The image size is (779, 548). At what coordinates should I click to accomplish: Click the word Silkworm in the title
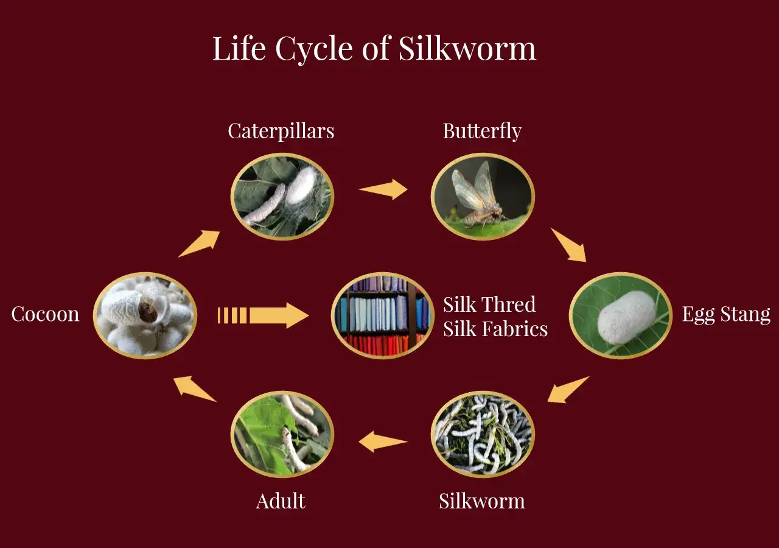(x=467, y=48)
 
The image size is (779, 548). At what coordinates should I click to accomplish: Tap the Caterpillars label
(x=281, y=131)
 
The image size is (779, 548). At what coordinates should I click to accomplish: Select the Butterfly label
(x=482, y=131)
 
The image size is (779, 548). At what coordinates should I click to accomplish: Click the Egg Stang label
(x=726, y=315)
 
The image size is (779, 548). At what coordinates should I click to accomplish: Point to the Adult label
(x=281, y=501)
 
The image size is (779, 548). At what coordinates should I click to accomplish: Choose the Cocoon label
(x=45, y=314)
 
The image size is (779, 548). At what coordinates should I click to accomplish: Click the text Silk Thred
(x=489, y=304)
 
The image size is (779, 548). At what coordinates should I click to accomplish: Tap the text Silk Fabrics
(x=495, y=329)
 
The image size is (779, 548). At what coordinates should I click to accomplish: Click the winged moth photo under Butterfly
(x=483, y=197)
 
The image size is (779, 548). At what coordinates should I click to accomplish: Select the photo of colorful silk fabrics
(x=383, y=315)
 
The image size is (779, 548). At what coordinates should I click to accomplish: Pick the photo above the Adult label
(x=282, y=434)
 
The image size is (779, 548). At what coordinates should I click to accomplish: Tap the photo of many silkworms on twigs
(x=483, y=434)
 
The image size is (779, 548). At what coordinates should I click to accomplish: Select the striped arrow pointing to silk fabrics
(x=263, y=315)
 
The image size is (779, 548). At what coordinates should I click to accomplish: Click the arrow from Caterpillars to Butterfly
(x=383, y=189)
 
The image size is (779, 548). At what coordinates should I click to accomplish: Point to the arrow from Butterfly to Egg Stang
(x=568, y=245)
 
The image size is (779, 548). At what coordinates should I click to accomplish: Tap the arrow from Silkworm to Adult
(x=383, y=441)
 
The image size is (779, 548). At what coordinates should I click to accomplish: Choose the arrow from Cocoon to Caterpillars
(x=199, y=244)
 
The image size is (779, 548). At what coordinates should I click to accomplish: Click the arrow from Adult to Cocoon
(x=195, y=389)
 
